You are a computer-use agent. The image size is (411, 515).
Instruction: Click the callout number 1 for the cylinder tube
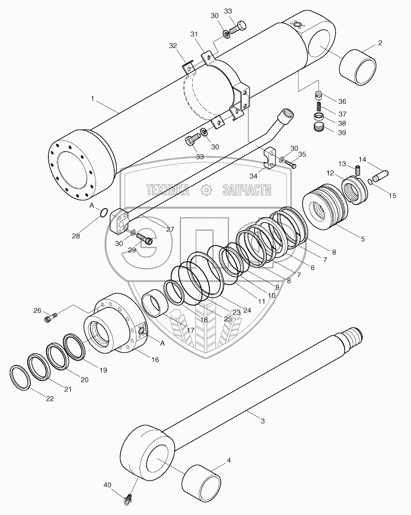coord(92,99)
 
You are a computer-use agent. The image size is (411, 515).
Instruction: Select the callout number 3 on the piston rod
coord(263,421)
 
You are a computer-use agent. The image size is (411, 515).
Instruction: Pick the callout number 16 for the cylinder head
coord(155,359)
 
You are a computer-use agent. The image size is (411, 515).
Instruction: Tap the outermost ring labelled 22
coord(19,377)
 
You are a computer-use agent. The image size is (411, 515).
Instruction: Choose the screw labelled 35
coord(291,164)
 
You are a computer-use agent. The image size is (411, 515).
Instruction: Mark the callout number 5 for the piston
coord(363,239)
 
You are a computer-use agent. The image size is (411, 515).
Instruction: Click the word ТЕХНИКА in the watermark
coord(168,190)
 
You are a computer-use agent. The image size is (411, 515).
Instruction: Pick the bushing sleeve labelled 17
coord(155,306)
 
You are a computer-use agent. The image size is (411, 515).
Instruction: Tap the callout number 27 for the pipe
coord(170,230)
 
